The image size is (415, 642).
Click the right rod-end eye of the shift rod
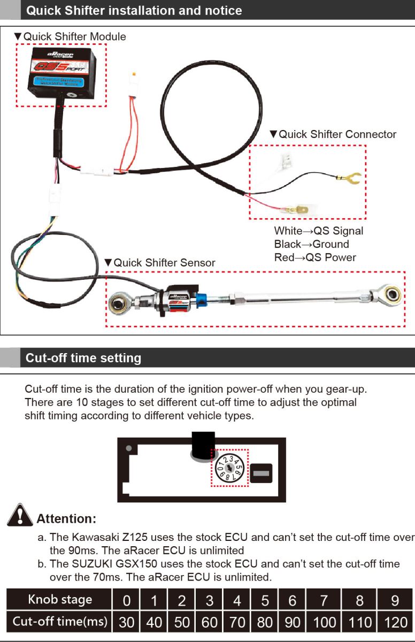point(392,293)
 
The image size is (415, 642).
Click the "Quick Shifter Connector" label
point(337,134)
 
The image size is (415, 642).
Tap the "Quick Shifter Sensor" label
point(164,263)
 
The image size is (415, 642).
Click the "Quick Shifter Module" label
point(74,37)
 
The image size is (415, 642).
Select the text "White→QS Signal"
point(318,231)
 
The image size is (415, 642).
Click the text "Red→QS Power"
point(315,257)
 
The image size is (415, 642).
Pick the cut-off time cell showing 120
point(395,622)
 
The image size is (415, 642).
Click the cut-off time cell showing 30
point(126,622)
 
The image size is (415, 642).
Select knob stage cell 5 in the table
point(265,600)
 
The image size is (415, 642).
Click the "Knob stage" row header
point(60,600)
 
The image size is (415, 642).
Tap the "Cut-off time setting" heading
point(83,358)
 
